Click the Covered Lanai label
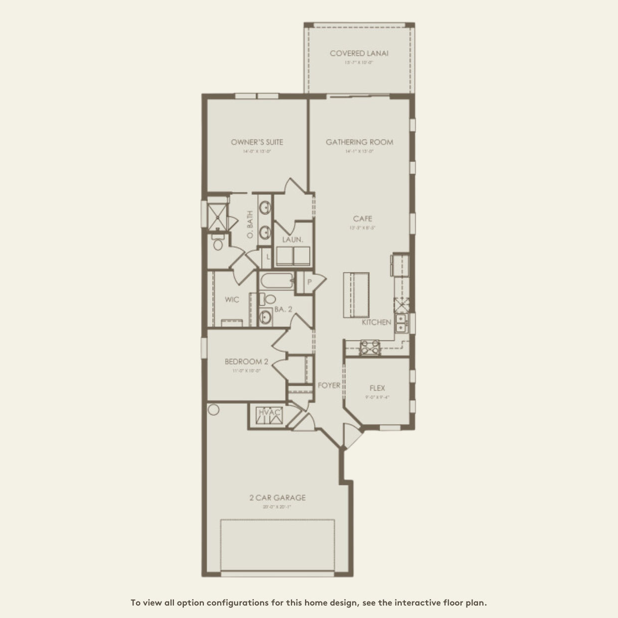click(x=359, y=53)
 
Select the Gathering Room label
click(x=359, y=142)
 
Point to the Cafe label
click(x=362, y=219)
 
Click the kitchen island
click(x=355, y=294)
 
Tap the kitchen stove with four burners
click(x=369, y=346)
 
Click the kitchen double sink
click(x=401, y=323)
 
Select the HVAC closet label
click(x=270, y=413)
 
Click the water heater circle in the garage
click(x=213, y=410)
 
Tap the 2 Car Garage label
click(x=278, y=497)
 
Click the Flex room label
click(x=377, y=388)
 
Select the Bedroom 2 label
click(x=246, y=362)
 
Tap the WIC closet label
click(x=232, y=300)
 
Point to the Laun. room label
click(x=293, y=240)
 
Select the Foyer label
click(x=329, y=385)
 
